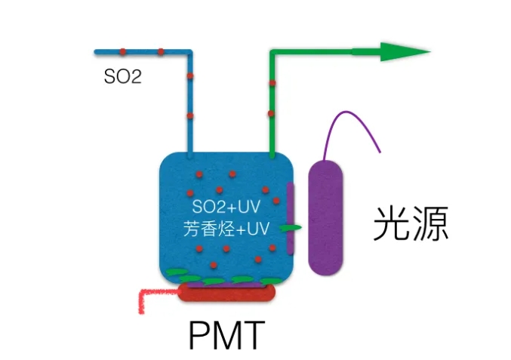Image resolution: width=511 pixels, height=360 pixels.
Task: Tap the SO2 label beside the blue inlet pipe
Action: (122, 76)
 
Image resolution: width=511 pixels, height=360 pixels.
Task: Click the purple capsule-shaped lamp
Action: (326, 218)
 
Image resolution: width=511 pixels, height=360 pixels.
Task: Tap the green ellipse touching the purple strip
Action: (290, 227)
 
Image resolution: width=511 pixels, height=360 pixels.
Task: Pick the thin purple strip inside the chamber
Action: (289, 219)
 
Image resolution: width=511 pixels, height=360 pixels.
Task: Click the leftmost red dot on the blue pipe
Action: (122, 51)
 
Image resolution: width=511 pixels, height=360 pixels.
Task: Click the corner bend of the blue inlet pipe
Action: (189, 53)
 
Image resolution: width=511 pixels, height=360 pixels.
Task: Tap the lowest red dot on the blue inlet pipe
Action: (190, 115)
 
